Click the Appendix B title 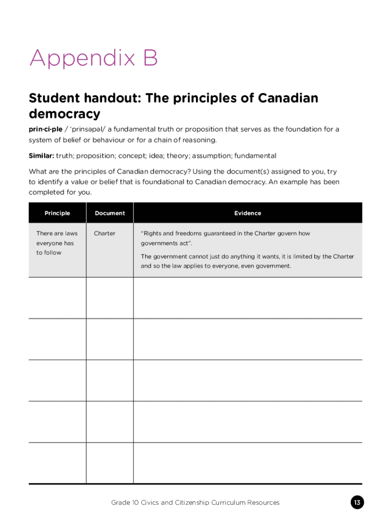pos(93,59)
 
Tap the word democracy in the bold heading pos(64,113)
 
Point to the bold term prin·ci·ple pos(45,129)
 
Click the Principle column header pos(57,213)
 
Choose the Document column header pos(110,213)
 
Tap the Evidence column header pos(248,213)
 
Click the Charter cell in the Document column pos(105,234)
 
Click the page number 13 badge pos(357,503)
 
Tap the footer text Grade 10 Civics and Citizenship pos(195,503)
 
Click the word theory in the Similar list pos(189,155)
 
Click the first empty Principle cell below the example pos(57,298)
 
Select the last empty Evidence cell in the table pos(248,463)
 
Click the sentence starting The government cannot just pos(247,261)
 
